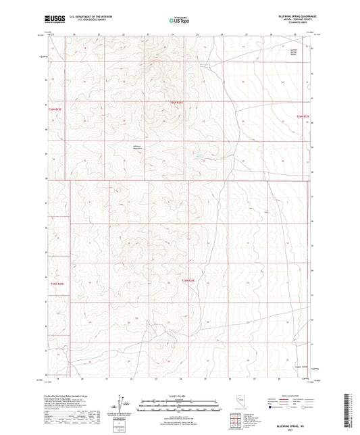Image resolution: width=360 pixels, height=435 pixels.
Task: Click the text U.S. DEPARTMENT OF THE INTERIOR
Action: coord(92,17)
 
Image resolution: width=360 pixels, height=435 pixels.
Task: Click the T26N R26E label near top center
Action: coord(176,102)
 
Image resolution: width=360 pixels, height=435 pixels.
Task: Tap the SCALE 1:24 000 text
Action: coord(180,396)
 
